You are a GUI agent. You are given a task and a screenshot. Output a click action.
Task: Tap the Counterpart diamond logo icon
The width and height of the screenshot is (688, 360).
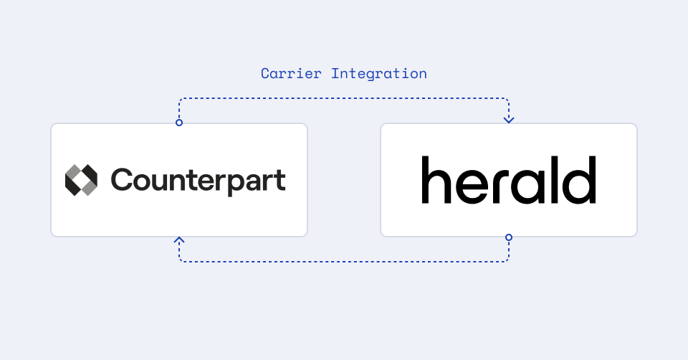coord(81,180)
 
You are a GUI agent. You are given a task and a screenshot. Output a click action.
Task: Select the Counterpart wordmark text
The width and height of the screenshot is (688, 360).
coord(198,180)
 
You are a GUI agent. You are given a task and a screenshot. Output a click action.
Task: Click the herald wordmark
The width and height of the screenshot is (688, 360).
coord(508,179)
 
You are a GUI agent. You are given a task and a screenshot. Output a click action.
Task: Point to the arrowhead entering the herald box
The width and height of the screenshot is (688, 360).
coord(509,119)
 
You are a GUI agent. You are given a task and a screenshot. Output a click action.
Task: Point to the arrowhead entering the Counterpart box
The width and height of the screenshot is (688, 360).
coord(179,240)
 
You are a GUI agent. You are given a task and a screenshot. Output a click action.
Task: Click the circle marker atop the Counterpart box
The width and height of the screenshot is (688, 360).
coord(179,123)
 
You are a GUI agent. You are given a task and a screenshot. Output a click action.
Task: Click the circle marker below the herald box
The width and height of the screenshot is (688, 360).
coord(509,237)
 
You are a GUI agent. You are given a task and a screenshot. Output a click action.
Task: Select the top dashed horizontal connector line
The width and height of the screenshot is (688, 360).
coord(344,98)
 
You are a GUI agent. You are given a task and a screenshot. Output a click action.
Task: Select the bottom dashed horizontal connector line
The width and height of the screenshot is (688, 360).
coord(344,262)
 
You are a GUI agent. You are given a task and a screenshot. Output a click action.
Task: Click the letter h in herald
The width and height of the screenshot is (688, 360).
coord(434,179)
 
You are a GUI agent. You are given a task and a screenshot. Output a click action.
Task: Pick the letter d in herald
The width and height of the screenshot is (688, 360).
coord(582,179)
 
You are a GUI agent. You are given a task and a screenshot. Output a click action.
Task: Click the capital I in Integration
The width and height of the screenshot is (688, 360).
coord(335,73)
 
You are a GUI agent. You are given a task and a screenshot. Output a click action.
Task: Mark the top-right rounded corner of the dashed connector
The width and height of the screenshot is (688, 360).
coord(507,100)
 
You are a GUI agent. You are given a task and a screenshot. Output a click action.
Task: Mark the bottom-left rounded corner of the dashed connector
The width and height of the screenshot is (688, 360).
coord(181,260)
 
